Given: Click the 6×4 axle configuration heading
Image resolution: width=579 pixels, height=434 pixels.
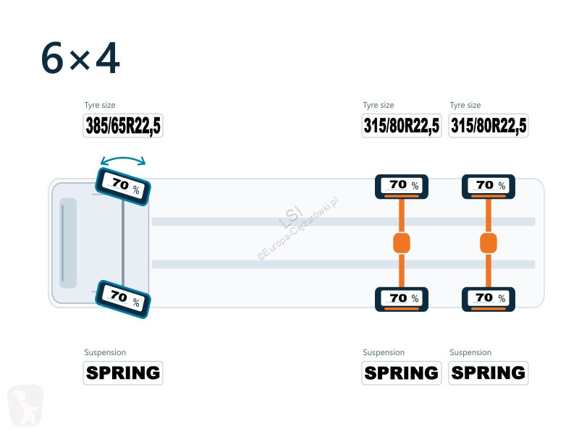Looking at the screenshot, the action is pos(80,58).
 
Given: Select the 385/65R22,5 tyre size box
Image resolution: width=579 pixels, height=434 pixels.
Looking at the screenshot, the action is pos(123,126).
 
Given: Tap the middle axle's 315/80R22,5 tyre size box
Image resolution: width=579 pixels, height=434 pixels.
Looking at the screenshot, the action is pos(402,126).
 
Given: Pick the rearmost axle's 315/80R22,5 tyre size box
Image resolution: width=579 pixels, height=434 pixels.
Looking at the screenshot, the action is pos(489,126).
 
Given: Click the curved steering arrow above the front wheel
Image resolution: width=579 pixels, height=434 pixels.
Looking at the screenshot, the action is pos(123,158).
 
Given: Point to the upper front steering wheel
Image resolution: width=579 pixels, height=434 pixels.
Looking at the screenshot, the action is pos(123,187).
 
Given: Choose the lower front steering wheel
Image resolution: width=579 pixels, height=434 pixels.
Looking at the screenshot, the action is pos(123,299).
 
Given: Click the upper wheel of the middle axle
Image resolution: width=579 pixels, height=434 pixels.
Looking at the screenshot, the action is pos(402,187).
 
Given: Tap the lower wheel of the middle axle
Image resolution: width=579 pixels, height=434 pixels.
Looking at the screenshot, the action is pos(402,299).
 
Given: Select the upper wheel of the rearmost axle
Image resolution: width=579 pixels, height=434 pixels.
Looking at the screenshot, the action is pos(489,187).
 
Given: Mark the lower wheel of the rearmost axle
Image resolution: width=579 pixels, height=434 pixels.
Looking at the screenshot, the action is pos(489,299).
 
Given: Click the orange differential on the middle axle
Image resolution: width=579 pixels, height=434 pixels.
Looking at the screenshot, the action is pos(402,243).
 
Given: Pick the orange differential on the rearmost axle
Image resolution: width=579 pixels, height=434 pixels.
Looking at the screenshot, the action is pos(489,243).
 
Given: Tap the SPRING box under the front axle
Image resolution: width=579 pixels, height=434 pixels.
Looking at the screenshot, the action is pos(123,373).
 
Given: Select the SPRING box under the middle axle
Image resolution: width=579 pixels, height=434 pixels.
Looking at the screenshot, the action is pos(402,373).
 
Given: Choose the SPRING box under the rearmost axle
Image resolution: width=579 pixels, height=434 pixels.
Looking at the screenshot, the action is pos(489,373).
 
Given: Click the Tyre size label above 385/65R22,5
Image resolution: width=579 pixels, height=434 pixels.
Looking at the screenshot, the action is pos(100,105).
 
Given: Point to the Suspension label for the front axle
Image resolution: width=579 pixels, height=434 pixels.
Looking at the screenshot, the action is pos(105,352).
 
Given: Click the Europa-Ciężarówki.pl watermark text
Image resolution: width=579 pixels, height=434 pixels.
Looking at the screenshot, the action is pos(297,229).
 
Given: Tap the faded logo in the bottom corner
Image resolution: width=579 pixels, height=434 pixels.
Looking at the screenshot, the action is pos(25,405).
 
